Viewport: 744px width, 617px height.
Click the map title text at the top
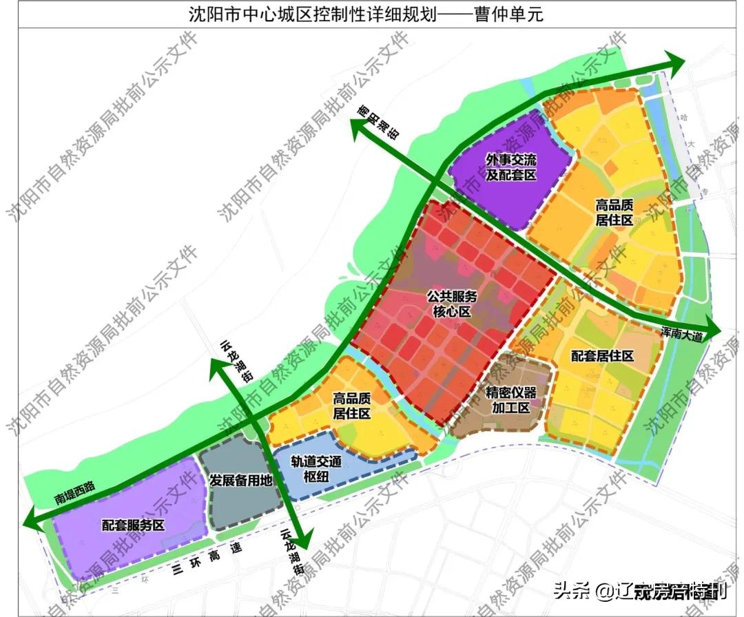(366, 14)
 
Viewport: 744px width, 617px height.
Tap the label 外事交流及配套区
(511, 167)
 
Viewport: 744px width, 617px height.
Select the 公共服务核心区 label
(451, 304)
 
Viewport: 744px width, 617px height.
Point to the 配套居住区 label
(602, 356)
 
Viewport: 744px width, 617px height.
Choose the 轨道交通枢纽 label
(316, 470)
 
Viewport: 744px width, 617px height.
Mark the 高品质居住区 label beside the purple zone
(614, 212)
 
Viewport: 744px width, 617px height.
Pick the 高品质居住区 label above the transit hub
(351, 406)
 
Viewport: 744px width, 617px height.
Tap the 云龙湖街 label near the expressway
(292, 554)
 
